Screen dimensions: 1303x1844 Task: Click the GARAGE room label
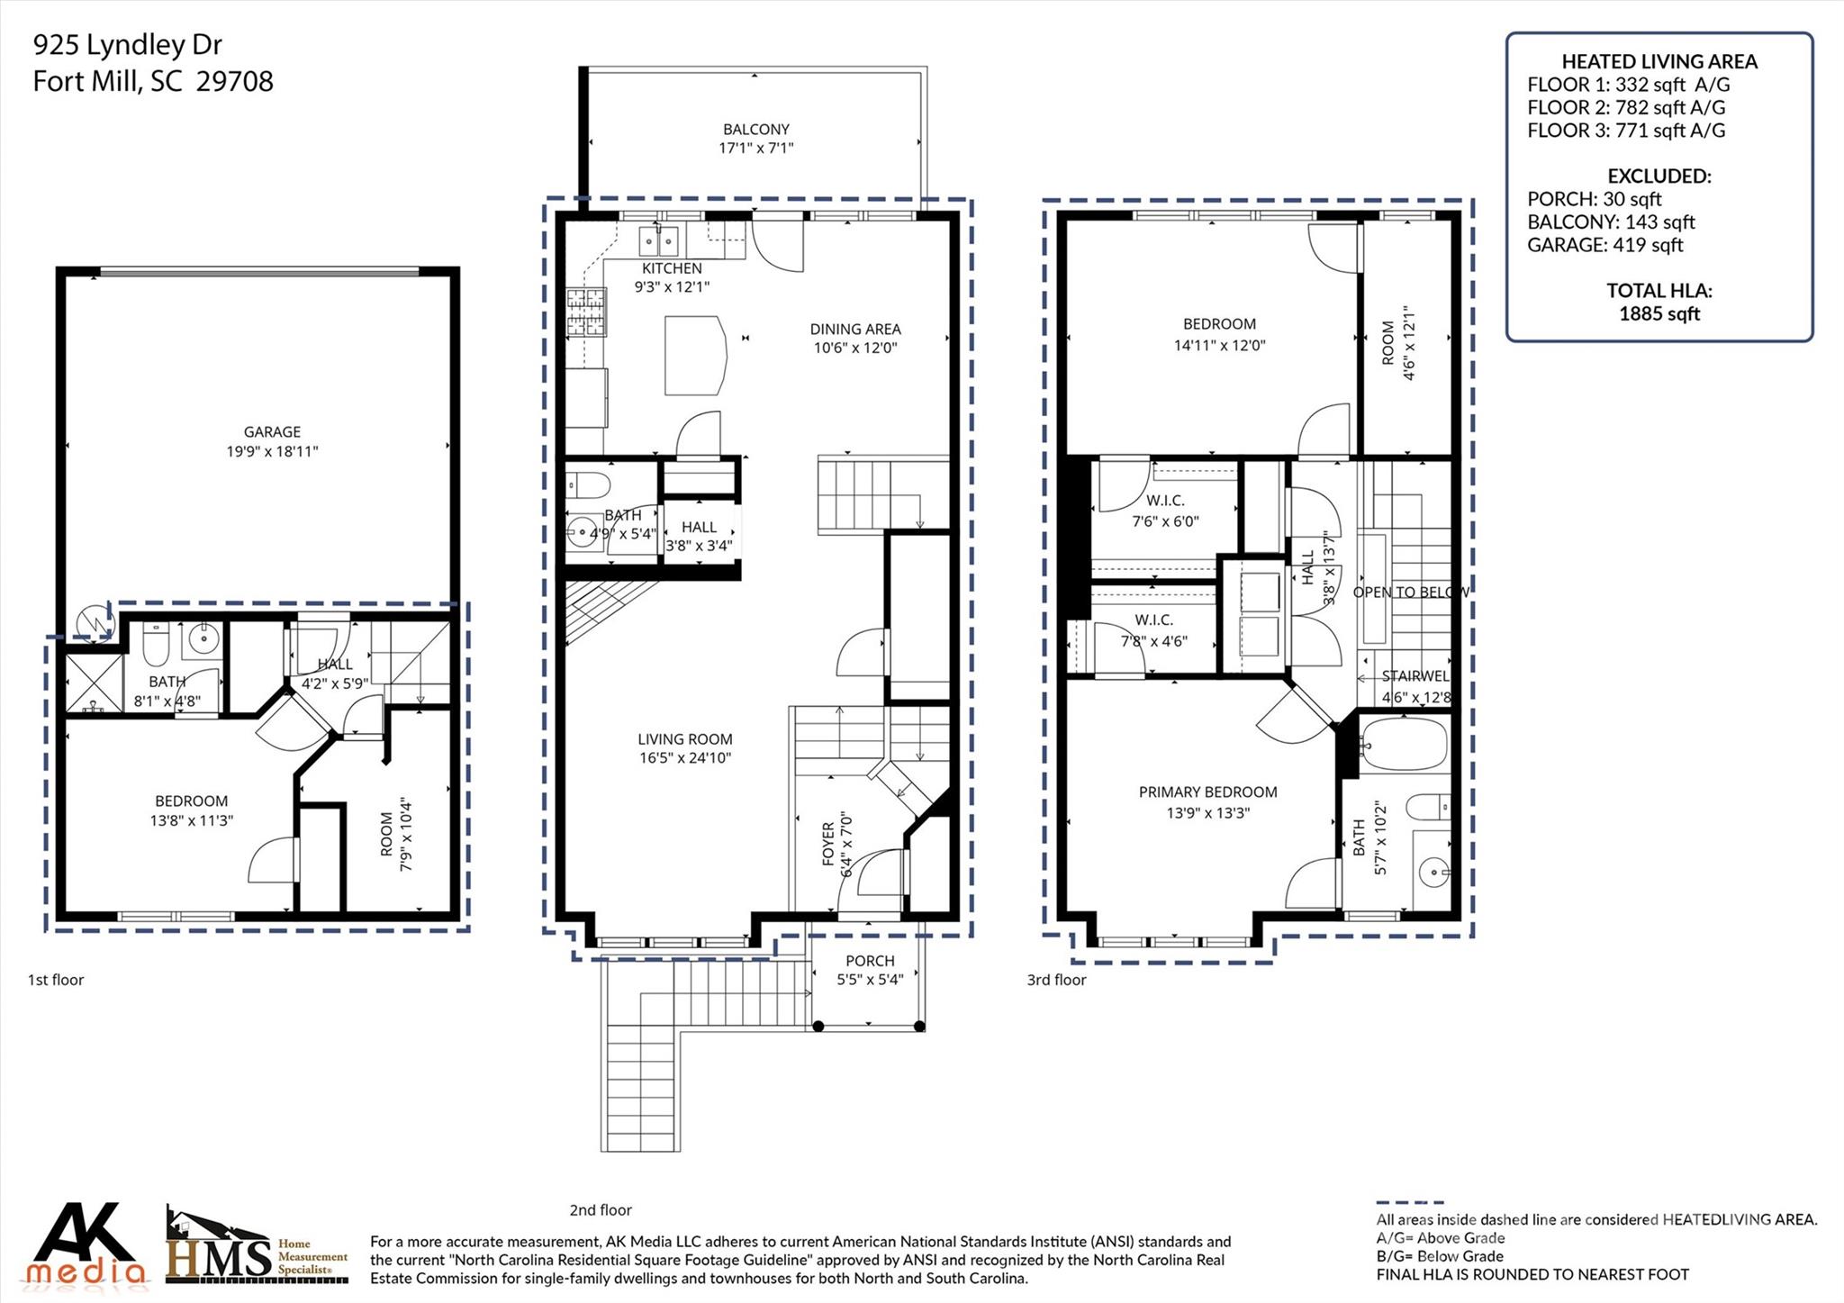(x=272, y=432)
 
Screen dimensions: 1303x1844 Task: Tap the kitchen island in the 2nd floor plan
(x=695, y=355)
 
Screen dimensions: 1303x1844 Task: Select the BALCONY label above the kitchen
(x=755, y=130)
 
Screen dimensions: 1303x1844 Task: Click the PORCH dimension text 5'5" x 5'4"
(x=870, y=980)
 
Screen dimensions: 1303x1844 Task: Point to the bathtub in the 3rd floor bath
(x=1403, y=744)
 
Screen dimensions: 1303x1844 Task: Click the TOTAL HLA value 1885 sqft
(x=1659, y=314)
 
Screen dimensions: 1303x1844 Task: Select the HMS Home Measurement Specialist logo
(x=257, y=1247)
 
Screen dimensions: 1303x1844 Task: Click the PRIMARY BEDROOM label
(x=1207, y=792)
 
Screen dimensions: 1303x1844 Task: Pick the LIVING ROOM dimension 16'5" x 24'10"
(x=684, y=758)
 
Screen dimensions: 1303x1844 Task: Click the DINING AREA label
(x=854, y=330)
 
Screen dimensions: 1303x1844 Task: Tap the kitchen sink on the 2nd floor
(x=659, y=241)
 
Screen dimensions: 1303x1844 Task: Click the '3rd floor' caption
(x=1056, y=980)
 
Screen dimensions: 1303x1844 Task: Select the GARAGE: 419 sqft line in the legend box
(x=1604, y=245)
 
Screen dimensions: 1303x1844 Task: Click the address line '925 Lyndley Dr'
(x=127, y=45)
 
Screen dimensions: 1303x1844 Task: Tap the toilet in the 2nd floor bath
(x=589, y=485)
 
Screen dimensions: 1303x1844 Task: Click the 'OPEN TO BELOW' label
(x=1410, y=593)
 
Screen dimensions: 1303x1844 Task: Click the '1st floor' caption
(x=56, y=980)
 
